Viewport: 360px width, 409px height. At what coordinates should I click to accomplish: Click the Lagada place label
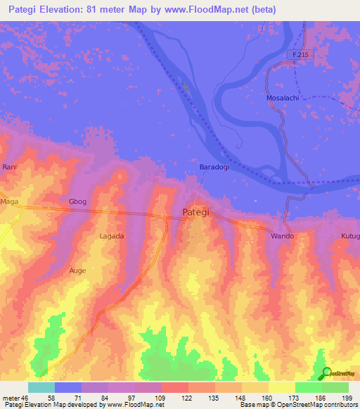112,236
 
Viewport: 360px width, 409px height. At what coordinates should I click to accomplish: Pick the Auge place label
77,270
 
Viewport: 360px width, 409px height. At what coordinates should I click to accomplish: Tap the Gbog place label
77,202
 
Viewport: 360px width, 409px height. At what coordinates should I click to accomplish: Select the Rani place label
9,167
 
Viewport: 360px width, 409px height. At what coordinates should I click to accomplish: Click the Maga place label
9,202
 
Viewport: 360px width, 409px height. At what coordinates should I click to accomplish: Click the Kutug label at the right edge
349,236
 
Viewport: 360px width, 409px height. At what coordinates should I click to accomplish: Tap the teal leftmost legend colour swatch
41,387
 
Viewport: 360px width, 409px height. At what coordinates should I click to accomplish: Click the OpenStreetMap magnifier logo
327,374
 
